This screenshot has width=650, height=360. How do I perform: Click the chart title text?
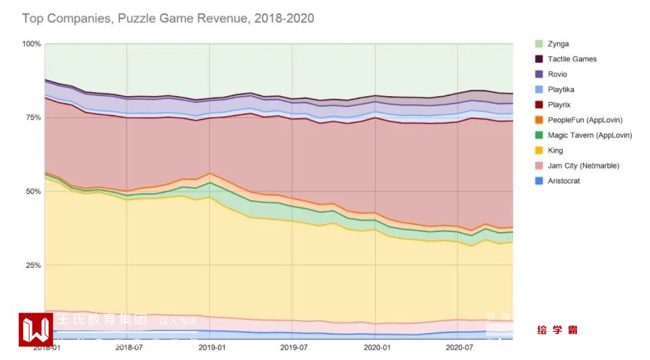click(168, 18)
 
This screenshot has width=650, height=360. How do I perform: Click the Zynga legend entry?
click(559, 44)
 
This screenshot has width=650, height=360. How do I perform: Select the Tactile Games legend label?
click(572, 59)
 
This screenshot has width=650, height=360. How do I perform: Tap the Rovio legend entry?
click(557, 74)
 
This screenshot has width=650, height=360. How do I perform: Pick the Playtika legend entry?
click(561, 89)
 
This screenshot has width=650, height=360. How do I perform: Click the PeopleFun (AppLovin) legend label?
click(584, 120)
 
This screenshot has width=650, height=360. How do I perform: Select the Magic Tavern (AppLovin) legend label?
click(589, 135)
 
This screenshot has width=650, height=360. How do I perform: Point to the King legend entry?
click(555, 150)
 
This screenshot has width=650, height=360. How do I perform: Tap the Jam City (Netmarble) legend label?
click(583, 166)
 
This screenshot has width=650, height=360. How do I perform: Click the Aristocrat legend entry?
click(564, 181)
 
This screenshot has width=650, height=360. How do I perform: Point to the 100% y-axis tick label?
click(32, 44)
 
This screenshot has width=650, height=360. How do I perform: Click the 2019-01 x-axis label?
click(212, 347)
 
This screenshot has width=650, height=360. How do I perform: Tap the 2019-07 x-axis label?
click(294, 347)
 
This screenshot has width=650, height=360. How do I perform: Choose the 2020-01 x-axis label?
click(376, 347)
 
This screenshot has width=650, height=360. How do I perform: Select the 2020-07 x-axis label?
click(458, 347)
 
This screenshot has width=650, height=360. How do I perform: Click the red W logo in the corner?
click(36, 330)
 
